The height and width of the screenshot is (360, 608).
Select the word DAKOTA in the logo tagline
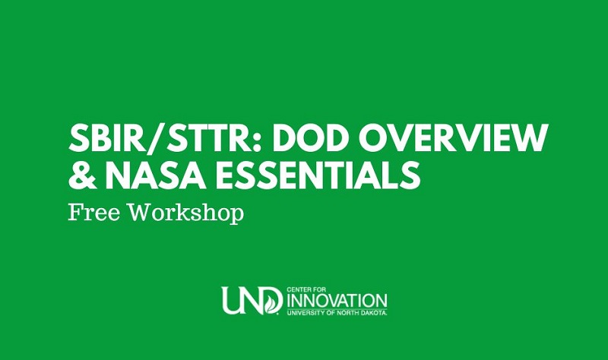[371, 312]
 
